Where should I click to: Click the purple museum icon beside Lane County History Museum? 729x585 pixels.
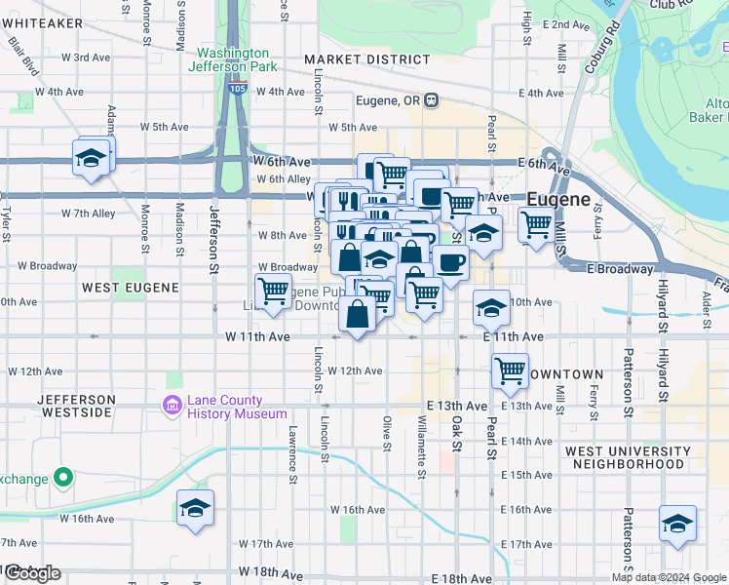pyautogui.click(x=173, y=405)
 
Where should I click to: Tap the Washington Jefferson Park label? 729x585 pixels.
pyautogui.click(x=234, y=59)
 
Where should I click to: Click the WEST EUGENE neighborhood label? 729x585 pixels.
pyautogui.click(x=131, y=288)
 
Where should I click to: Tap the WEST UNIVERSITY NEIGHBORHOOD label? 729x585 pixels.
pyautogui.click(x=625, y=457)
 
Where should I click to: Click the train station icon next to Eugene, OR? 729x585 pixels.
pyautogui.click(x=431, y=99)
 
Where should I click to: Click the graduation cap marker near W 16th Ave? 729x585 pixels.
pyautogui.click(x=195, y=508)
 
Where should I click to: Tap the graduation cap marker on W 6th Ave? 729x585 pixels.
pyautogui.click(x=90, y=158)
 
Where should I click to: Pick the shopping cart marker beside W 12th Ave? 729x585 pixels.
pyautogui.click(x=510, y=370)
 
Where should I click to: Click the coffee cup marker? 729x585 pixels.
pyautogui.click(x=450, y=262)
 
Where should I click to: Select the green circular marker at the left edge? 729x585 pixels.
pyautogui.click(x=63, y=478)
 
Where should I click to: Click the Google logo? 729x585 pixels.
pyautogui.click(x=32, y=573)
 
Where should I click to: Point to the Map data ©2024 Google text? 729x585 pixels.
pyautogui.click(x=669, y=577)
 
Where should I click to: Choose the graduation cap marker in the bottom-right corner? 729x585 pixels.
pyautogui.click(x=677, y=524)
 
